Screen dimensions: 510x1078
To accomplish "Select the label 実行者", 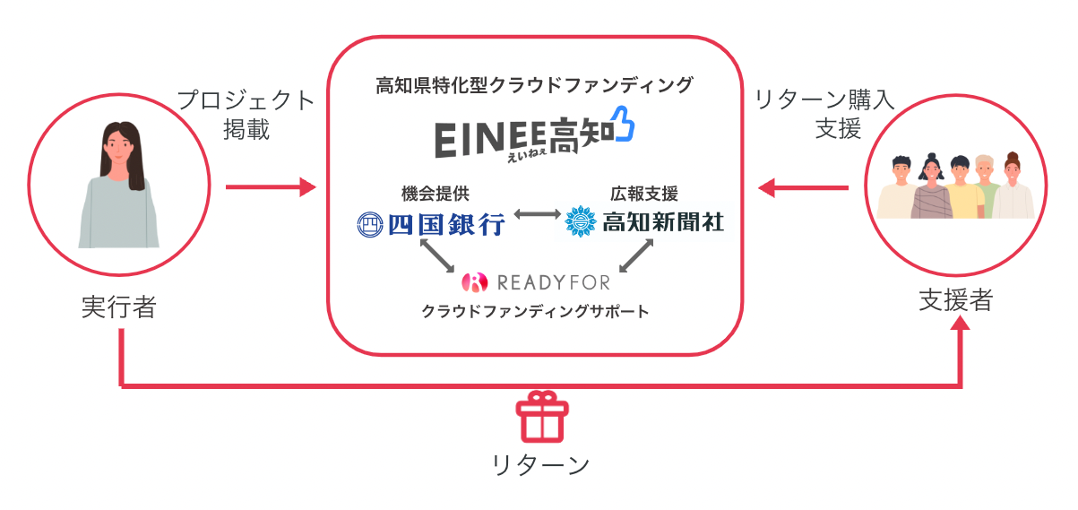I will pos(118,307).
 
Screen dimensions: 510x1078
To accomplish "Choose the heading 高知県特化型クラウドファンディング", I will pos(535,85).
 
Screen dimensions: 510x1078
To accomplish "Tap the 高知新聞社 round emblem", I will pos(582,221).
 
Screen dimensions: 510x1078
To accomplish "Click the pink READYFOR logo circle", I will pos(473,282).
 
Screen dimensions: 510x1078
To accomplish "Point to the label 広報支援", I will pos(644,192).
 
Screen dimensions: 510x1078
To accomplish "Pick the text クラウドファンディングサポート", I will pos(535,312).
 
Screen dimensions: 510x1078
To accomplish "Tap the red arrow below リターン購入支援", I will pos(803,187).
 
